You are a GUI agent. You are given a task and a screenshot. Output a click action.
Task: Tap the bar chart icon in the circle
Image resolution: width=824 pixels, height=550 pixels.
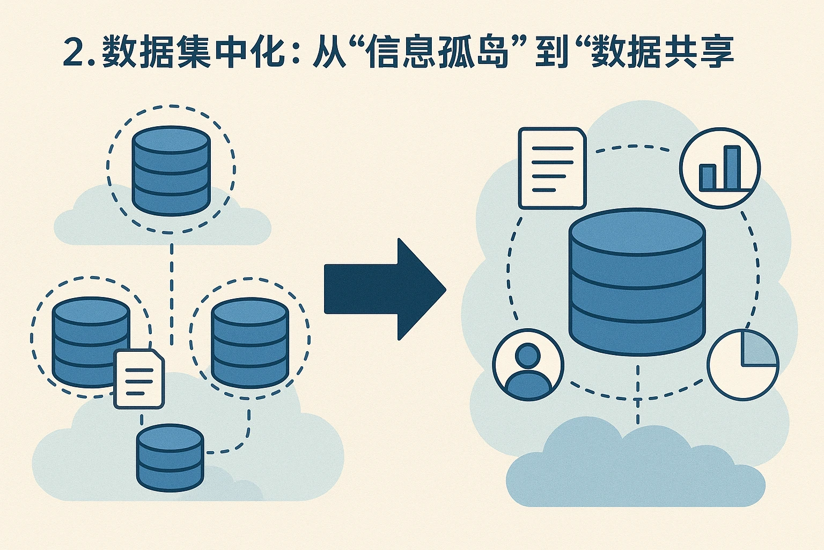click(719, 167)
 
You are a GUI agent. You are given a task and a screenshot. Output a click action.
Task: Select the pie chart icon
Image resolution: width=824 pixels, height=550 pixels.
click(743, 365)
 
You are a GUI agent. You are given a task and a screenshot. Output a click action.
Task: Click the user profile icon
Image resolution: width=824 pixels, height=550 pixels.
click(528, 365)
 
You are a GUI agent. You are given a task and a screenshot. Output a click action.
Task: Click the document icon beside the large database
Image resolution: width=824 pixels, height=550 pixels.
click(552, 168)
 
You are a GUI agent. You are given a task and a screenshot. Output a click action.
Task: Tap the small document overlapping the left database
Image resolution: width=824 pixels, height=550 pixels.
click(139, 379)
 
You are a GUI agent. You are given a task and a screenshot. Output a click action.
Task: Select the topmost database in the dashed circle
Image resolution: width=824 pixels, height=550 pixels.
click(171, 170)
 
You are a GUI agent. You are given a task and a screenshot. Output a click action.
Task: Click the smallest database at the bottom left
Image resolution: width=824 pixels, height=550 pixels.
click(170, 457)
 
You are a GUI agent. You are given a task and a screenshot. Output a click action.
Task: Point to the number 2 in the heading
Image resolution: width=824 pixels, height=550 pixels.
click(75, 53)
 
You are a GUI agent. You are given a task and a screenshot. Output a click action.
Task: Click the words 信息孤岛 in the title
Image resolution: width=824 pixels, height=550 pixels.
click(437, 53)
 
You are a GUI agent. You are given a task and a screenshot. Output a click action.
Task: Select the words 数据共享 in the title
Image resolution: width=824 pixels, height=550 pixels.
click(663, 53)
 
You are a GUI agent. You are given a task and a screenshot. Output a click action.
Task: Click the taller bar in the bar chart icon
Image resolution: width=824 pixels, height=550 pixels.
click(732, 167)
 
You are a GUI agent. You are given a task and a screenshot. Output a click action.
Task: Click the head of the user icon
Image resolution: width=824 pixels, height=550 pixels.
click(528, 354)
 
